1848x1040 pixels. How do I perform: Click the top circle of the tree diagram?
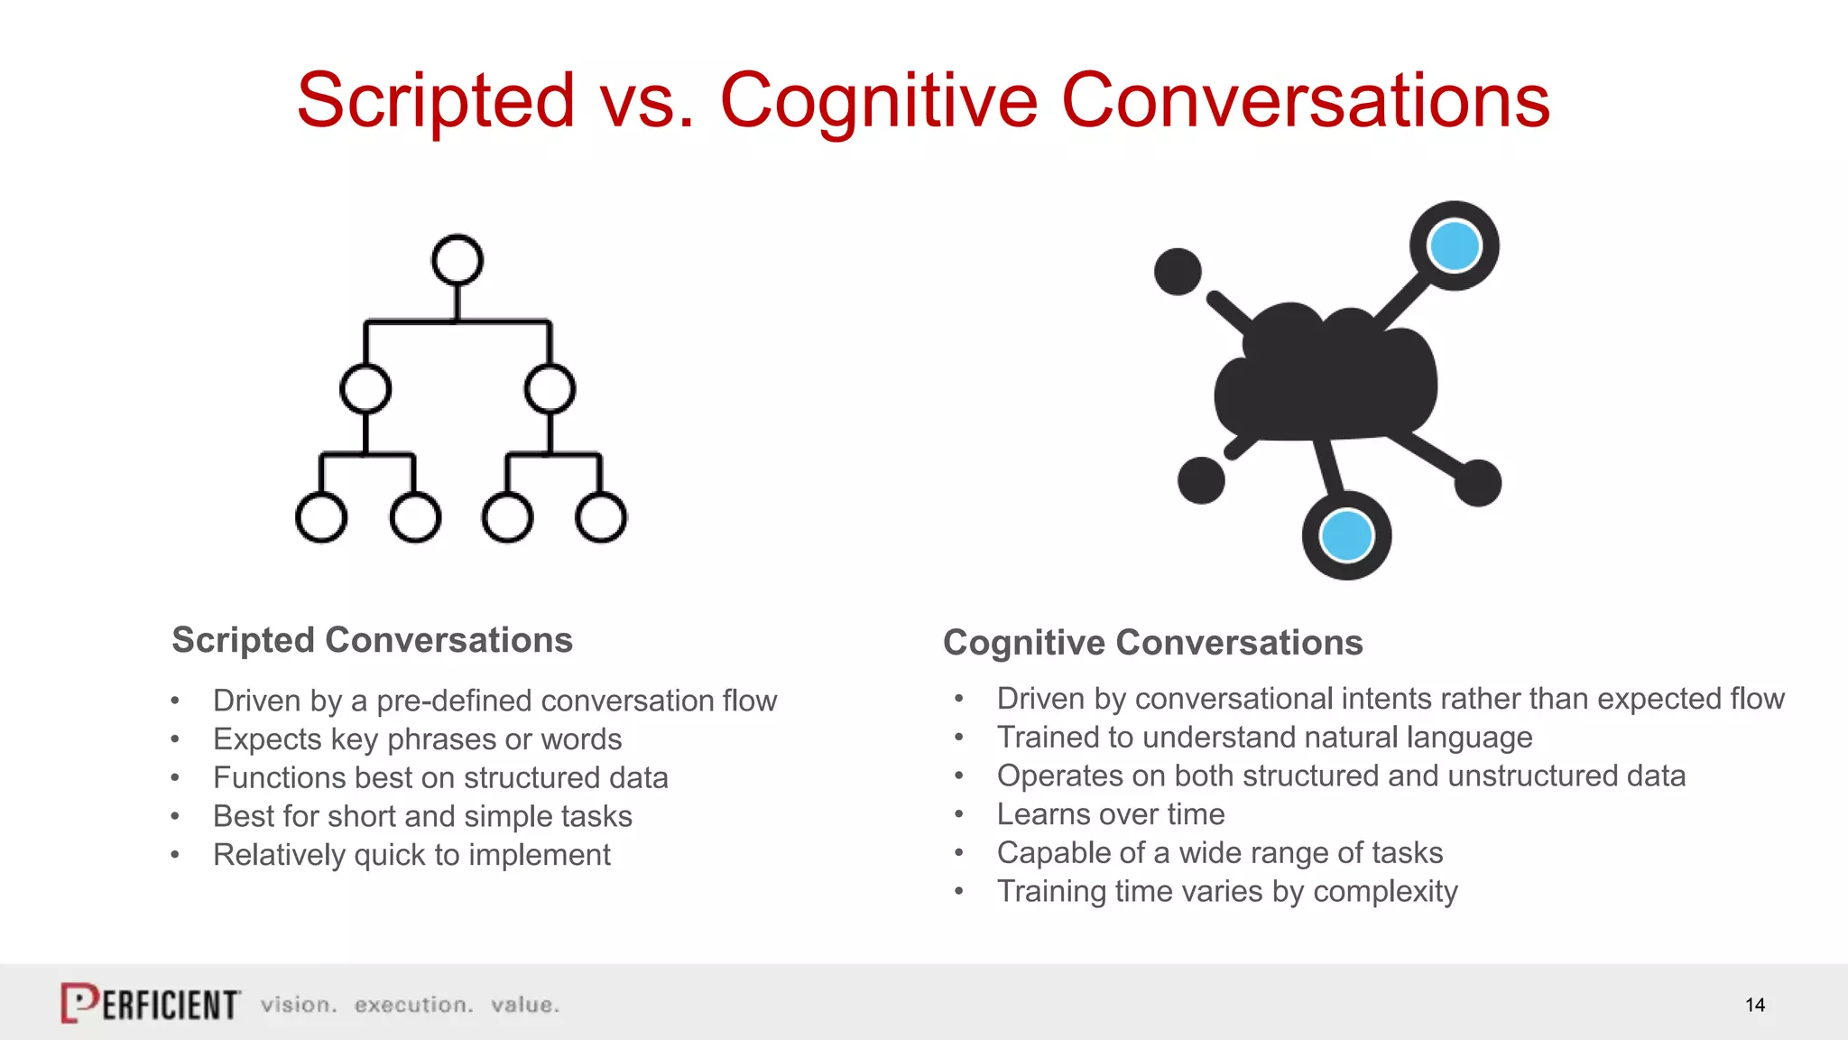point(457,260)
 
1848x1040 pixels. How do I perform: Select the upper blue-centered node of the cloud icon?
point(1454,246)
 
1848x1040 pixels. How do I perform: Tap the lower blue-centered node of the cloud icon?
point(1346,535)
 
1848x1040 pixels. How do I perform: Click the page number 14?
point(1754,1005)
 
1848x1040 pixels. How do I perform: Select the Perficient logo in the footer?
point(151,1003)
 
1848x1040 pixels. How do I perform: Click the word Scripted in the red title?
point(436,100)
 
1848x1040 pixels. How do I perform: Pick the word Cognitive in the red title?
point(879,100)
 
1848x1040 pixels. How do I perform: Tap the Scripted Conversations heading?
point(372,640)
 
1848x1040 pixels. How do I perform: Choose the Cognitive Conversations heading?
point(1152,643)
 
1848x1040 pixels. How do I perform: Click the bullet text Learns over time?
point(1110,814)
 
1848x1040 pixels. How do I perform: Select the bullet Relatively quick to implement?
point(411,855)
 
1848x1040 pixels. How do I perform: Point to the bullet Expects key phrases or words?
point(417,739)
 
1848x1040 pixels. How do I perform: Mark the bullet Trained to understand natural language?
point(1264,738)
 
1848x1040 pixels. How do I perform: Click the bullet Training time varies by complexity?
point(1226,892)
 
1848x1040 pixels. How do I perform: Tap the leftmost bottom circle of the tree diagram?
point(321,517)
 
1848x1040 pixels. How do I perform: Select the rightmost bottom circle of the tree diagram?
point(601,517)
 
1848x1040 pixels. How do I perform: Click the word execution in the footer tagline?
point(413,1005)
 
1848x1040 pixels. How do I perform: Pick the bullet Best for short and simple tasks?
point(422,816)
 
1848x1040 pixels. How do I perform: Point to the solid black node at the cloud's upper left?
point(1178,271)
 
